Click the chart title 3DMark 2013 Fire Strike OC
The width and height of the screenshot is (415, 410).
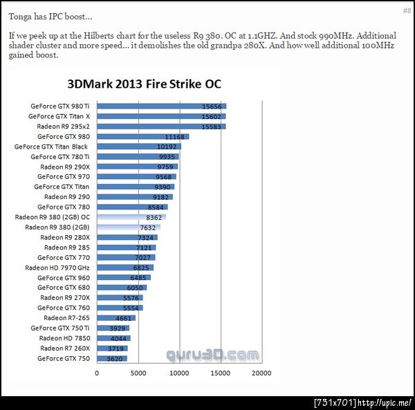pos(154,85)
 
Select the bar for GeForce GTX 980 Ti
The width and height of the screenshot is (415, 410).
pos(161,106)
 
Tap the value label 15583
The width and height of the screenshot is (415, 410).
pos(211,127)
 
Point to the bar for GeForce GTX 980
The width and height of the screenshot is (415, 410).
pos(142,137)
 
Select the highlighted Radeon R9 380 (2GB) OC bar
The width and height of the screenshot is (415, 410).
pos(131,217)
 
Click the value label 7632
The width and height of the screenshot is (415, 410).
pos(147,227)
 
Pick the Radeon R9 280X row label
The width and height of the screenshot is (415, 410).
pos(66,237)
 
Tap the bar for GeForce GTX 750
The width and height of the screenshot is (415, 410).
pos(111,359)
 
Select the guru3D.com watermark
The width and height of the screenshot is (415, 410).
pos(212,355)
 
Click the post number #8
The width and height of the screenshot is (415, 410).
pos(406,11)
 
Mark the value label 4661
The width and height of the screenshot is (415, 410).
pos(124,318)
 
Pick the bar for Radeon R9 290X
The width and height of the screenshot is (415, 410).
pos(137,167)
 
